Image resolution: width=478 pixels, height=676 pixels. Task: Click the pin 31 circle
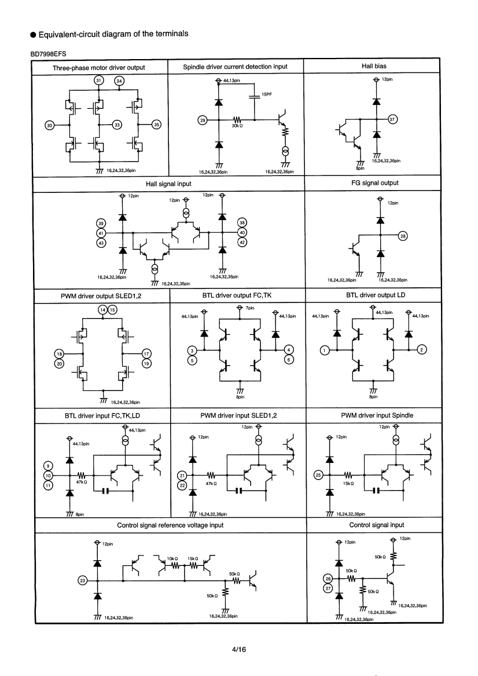pyautogui.click(x=99, y=80)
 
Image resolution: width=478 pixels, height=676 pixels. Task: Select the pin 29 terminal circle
pyautogui.click(x=203, y=120)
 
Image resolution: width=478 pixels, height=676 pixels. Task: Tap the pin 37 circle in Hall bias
pyautogui.click(x=392, y=119)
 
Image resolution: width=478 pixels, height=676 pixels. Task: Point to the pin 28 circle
pyautogui.click(x=403, y=236)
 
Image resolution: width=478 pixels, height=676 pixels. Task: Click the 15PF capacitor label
pyautogui.click(x=267, y=94)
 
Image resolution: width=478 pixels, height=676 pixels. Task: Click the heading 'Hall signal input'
pyautogui.click(x=168, y=184)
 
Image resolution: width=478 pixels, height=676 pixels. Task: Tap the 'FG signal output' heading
pyautogui.click(x=374, y=183)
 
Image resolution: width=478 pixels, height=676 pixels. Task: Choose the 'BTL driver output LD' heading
pyautogui.click(x=376, y=295)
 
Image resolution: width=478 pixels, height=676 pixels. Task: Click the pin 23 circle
pyautogui.click(x=82, y=580)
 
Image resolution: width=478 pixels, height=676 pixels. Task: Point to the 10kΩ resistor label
pyautogui.click(x=172, y=558)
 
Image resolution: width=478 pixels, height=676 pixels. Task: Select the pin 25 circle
pyautogui.click(x=319, y=475)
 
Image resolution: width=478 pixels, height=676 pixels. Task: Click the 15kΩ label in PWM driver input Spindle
pyautogui.click(x=348, y=483)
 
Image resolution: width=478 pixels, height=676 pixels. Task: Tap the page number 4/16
pyautogui.click(x=238, y=649)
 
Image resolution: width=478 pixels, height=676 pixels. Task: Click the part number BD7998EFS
pyautogui.click(x=48, y=54)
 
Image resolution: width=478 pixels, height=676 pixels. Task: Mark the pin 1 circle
pyautogui.click(x=324, y=350)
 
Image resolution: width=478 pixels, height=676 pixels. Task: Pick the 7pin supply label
pyautogui.click(x=250, y=308)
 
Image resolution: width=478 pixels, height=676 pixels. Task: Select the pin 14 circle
pyautogui.click(x=102, y=309)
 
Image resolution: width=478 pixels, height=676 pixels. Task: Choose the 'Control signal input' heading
pyautogui.click(x=376, y=525)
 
